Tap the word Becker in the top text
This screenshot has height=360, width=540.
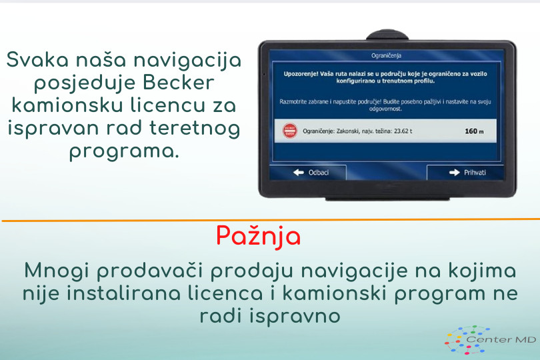(179, 83)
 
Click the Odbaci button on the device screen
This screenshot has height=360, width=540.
(307, 172)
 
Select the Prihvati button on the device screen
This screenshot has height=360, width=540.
(465, 172)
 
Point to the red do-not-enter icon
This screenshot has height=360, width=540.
(289, 131)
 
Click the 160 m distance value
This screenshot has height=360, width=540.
(474, 131)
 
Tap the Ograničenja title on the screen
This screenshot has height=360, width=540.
(386, 55)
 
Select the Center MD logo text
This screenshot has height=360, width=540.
(501, 339)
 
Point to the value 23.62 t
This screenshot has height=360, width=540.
(402, 131)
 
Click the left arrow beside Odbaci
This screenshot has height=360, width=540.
(299, 172)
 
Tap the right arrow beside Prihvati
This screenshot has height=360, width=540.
(454, 172)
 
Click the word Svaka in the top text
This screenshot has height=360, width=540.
(37, 59)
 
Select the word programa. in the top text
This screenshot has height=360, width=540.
(124, 151)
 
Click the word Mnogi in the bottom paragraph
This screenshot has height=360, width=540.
(57, 271)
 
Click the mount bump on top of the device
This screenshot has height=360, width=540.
(387, 35)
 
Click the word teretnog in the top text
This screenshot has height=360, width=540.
(195, 129)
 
